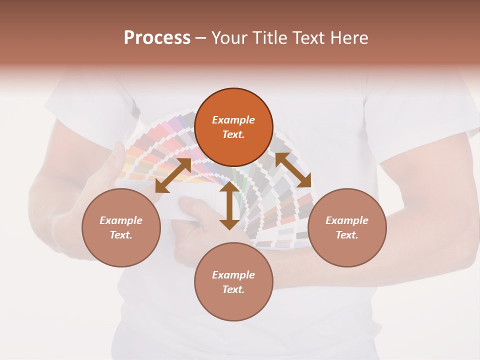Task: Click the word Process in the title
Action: (x=157, y=38)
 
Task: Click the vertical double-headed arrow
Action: (x=229, y=206)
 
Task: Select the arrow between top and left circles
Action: (x=173, y=175)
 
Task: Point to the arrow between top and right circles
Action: (x=293, y=170)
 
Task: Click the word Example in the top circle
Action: (x=233, y=120)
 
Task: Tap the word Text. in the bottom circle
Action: (x=233, y=289)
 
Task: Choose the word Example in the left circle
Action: (x=121, y=220)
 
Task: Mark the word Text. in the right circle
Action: (x=347, y=235)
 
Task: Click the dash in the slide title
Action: (x=201, y=38)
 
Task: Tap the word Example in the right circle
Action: (x=347, y=220)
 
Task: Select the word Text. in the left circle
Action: (x=121, y=235)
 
